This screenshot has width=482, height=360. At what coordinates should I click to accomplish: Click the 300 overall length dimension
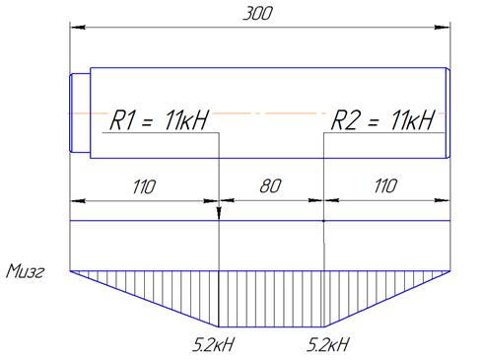pyautogui.click(x=257, y=14)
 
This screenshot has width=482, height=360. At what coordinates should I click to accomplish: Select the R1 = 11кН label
pyautogui.click(x=159, y=119)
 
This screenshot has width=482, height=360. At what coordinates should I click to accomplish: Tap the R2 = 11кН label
pyautogui.click(x=382, y=119)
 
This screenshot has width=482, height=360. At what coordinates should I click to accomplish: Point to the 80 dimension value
pyautogui.click(x=270, y=186)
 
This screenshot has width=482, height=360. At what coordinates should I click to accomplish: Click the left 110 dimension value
pyautogui.click(x=144, y=186)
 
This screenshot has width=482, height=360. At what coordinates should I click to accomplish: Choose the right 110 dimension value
pyautogui.click(x=385, y=186)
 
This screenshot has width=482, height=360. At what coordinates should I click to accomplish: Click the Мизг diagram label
pyautogui.click(x=25, y=272)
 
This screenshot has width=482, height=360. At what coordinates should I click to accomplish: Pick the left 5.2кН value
pyautogui.click(x=213, y=345)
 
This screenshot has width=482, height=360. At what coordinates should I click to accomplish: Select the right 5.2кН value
pyautogui.click(x=327, y=345)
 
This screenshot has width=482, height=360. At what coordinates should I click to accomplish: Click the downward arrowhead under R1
pyautogui.click(x=219, y=213)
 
